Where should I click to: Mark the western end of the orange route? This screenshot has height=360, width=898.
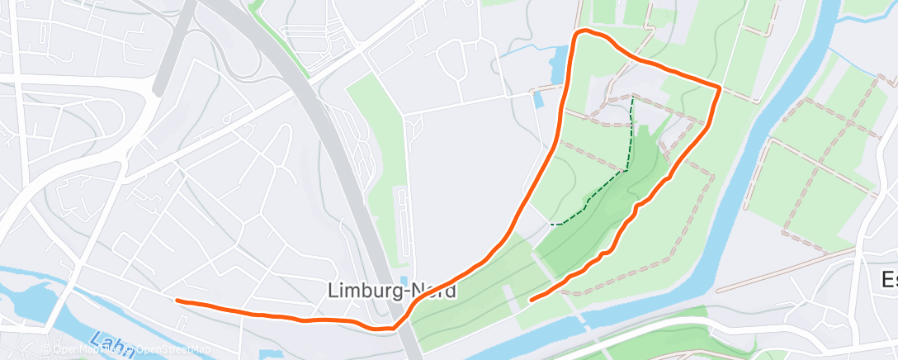[x=177, y=301]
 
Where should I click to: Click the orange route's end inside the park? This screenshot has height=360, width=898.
[x=530, y=299]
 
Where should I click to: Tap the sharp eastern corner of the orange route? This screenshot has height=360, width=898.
[x=720, y=87]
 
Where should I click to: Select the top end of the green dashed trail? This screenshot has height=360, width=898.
[x=632, y=97]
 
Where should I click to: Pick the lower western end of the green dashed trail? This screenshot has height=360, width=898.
[x=551, y=224]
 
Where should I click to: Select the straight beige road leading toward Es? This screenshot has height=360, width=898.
[x=784, y=269]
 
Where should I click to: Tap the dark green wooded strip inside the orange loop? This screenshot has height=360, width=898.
[x=603, y=223]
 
